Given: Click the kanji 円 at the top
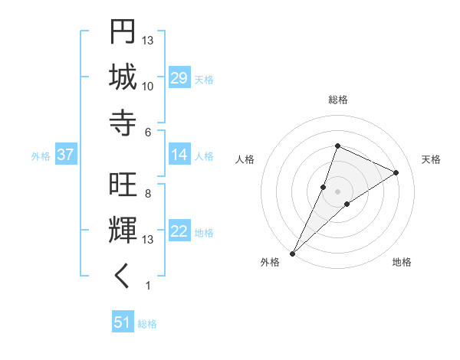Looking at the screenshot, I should coord(123,32).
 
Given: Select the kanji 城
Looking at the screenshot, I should coord(123,77).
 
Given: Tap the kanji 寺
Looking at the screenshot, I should coord(123,122).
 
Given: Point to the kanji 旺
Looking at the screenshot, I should coord(123,185).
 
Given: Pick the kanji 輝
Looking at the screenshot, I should coord(123,231).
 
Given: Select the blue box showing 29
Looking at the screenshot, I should coord(179,78).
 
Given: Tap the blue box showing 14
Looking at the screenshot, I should coord(179,155).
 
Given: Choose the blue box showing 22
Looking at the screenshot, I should coord(179,231).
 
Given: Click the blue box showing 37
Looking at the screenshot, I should coord(66,155).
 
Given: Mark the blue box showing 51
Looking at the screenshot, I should coord(123,322).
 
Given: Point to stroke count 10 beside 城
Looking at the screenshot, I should coord(148,86).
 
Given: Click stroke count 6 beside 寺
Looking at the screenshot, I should coord(148,132).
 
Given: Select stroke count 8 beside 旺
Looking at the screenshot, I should coord(148,193).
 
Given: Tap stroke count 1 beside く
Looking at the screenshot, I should coord(148,286).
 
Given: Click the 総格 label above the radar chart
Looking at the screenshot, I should coord(337,100).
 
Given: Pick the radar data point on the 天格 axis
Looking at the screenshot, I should coord(396,172).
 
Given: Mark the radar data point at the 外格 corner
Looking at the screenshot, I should coord(292,253).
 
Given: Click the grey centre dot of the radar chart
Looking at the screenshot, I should coord(337,191).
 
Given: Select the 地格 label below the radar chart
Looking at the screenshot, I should coord(402,262).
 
